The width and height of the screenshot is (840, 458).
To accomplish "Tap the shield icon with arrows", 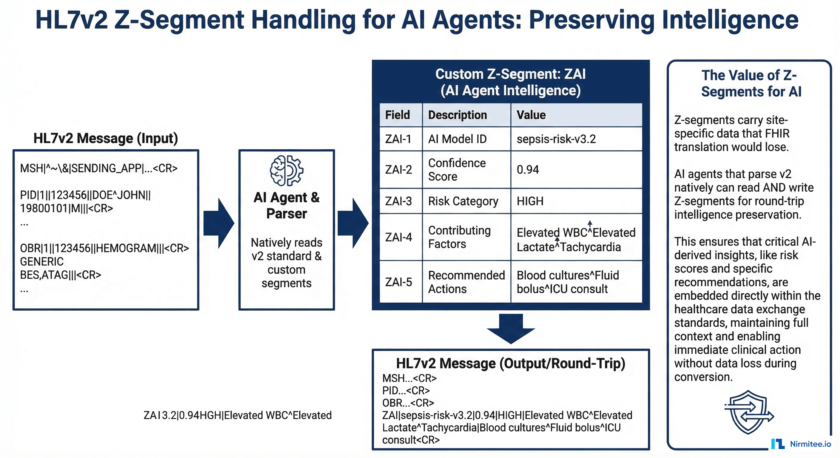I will coord(749,412).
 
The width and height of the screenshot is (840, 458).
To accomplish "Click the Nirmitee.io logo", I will coord(801,444).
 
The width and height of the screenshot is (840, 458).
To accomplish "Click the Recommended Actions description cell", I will coord(466,282).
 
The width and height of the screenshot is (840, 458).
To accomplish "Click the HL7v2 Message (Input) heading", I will coord(106,138).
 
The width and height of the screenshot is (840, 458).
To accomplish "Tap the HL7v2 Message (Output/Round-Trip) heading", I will coord(510,363).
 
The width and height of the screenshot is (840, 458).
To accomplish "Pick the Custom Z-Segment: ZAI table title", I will coord(510,82).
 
